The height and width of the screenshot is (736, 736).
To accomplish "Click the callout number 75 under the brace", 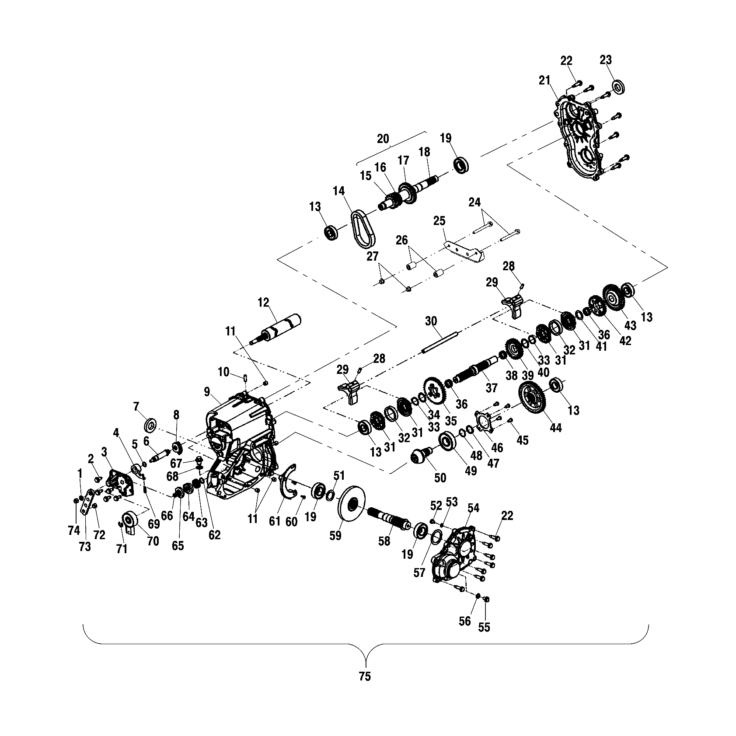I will (x=364, y=676).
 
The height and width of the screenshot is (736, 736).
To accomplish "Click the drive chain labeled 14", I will (x=363, y=227).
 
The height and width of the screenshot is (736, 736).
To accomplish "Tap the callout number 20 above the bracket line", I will (x=383, y=139).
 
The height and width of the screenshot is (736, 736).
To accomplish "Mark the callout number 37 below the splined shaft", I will (x=492, y=388).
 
